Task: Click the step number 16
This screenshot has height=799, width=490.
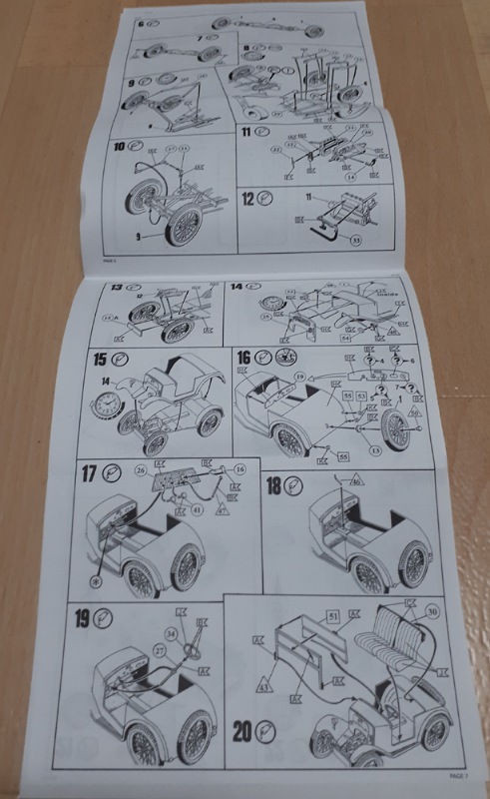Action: tap(246, 358)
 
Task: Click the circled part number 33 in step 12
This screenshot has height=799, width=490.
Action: tap(352, 238)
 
